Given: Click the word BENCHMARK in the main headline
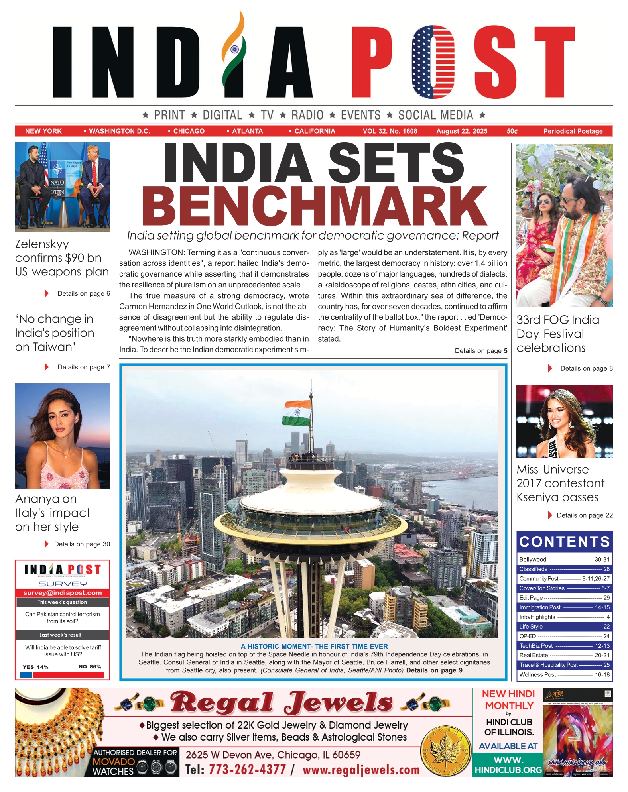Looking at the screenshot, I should click(315, 206).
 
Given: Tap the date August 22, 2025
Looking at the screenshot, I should click(461, 131).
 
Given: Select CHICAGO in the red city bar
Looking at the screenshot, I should click(189, 131).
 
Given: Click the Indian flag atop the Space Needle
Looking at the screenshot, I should click(297, 413).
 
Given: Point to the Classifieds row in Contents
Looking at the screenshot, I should click(564, 569).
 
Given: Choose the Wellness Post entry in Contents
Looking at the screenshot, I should click(564, 674).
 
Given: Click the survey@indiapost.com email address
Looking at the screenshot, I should click(63, 593).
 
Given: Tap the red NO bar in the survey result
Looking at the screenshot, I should click(69, 675).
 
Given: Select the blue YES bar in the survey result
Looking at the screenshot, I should click(26, 675).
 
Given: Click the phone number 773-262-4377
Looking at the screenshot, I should click(247, 769).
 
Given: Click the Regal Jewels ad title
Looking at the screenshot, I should click(282, 702).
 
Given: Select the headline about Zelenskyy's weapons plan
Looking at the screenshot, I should click(62, 258).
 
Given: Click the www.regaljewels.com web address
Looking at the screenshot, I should click(361, 770).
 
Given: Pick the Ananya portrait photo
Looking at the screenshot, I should click(62, 436).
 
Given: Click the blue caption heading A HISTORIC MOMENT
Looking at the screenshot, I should click(314, 646).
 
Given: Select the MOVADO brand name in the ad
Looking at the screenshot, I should click(114, 762).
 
